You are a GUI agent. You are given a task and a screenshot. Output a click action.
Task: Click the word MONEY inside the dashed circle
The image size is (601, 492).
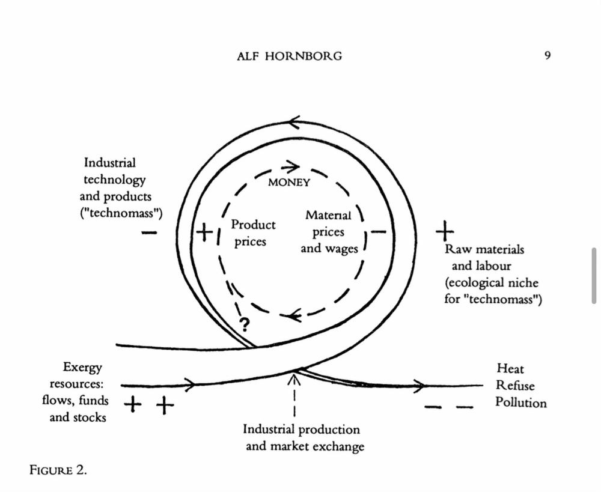click(289, 183)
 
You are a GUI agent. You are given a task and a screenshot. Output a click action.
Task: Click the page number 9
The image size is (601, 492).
click(548, 55)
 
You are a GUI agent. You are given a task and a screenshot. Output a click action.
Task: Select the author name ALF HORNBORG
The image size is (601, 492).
click(290, 56)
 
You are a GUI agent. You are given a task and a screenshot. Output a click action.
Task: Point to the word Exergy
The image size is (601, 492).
click(82, 368)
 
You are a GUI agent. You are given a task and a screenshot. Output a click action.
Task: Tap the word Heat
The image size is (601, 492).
click(510, 369)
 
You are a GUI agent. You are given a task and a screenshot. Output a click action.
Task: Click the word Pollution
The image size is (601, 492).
click(521, 402)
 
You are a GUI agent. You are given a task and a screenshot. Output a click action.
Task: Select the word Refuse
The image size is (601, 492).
click(515, 385)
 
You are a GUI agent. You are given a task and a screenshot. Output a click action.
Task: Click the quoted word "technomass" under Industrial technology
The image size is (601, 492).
click(121, 213)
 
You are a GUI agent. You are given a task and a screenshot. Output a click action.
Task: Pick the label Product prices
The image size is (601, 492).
click(252, 233)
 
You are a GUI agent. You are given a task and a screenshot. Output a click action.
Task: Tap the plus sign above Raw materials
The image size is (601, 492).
click(445, 231)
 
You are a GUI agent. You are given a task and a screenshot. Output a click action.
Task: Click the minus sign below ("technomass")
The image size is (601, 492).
click(149, 232)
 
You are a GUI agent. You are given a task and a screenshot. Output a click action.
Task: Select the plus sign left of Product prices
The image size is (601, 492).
click(205, 232)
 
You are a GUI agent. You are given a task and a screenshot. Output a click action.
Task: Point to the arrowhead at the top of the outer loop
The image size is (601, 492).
click(294, 122)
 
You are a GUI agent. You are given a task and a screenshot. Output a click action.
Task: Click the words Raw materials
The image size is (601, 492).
click(484, 249)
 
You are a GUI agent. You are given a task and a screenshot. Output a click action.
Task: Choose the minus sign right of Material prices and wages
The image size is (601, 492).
click(379, 231)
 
